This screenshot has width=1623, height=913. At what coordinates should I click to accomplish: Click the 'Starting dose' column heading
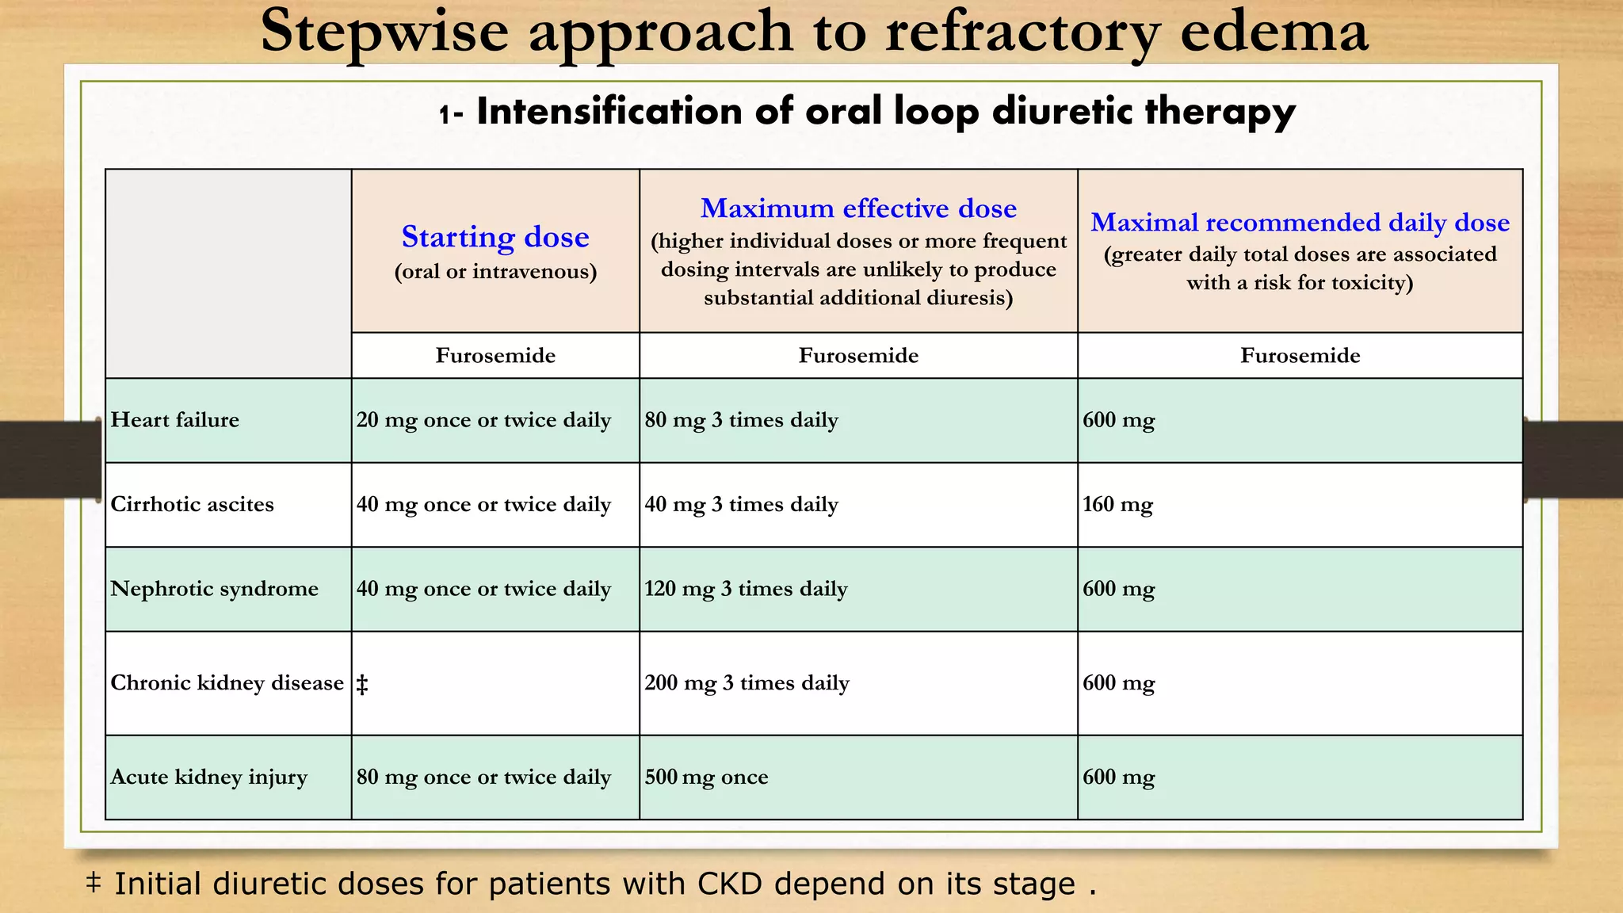495,237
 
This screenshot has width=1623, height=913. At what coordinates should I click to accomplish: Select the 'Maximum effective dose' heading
858,208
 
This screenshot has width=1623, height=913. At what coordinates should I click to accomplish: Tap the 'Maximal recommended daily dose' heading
1300,223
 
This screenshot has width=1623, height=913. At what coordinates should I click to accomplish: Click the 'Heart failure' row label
175,420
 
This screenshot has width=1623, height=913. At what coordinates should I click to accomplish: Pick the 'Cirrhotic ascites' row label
193,505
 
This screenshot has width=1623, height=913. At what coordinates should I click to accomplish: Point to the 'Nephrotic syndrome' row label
215,589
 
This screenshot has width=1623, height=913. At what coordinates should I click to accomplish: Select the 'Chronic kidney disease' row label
227,683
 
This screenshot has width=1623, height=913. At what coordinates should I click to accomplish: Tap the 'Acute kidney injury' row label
209,777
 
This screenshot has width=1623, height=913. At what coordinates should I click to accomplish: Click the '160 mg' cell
1117,505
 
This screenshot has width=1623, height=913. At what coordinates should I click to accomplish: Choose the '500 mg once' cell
706,777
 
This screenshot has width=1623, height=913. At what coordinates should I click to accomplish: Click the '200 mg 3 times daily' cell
747,683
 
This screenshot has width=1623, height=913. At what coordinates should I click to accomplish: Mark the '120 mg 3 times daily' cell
746,589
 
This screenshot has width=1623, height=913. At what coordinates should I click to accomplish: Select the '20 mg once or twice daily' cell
483,420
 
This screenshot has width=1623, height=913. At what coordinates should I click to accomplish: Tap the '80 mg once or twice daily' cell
483,777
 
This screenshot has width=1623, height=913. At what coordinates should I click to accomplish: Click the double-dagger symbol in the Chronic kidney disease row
362,685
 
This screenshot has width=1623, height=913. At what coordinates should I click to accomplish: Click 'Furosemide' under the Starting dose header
495,356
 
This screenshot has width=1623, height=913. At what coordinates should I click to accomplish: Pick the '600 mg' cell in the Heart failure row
1118,420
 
